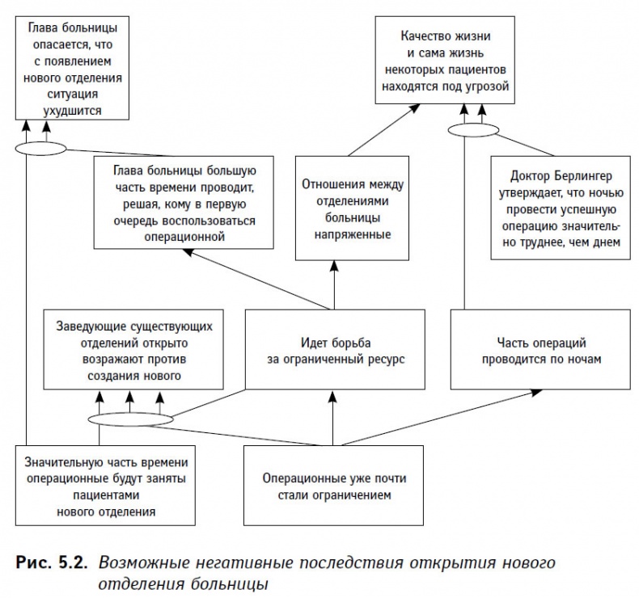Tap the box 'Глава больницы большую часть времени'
coord(185,202)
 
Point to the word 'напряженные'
coord(346,234)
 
